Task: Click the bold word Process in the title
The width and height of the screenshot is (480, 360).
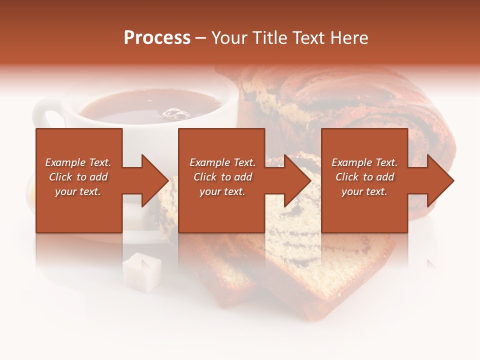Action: (157, 38)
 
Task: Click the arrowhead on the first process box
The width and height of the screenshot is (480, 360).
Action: (152, 180)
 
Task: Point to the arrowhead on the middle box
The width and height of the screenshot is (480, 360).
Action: (295, 180)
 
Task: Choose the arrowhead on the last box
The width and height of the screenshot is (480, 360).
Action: (438, 180)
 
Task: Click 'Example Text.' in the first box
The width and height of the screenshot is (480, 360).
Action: (78, 162)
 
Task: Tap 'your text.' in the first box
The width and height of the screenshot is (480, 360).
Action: (78, 191)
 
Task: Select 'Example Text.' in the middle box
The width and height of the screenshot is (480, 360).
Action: (222, 162)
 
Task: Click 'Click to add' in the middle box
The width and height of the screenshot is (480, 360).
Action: (222, 177)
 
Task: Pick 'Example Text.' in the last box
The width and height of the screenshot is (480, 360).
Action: (364, 162)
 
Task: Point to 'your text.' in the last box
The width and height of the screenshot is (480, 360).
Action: (364, 191)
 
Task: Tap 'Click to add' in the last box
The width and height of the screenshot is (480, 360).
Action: (364, 177)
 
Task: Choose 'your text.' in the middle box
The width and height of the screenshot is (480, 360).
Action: (222, 191)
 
